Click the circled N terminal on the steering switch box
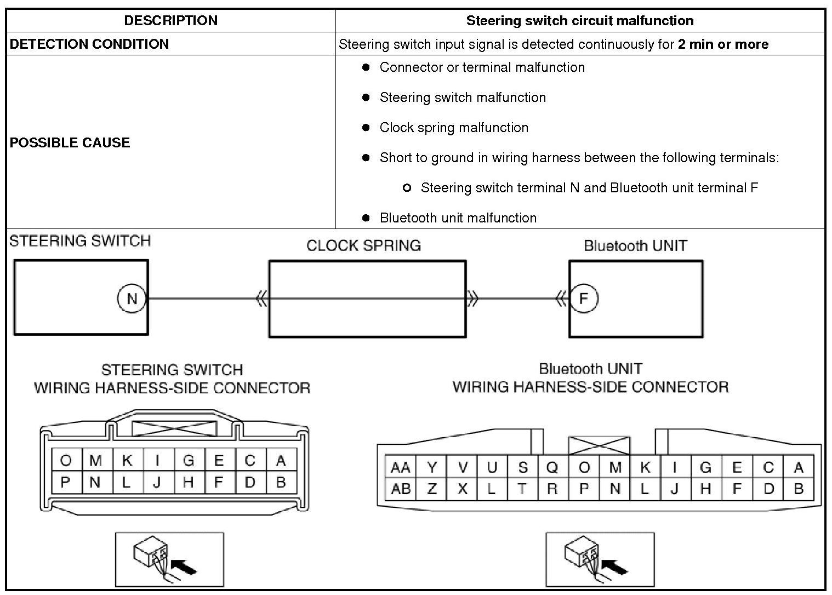(x=132, y=299)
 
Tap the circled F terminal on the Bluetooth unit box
(x=584, y=299)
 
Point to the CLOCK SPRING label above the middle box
(x=363, y=245)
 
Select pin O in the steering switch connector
(x=66, y=460)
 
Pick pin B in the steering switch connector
(x=281, y=482)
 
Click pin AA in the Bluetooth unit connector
(x=401, y=467)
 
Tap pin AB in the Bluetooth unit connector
(x=401, y=488)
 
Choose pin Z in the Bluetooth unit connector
(x=432, y=488)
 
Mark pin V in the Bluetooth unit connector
(x=463, y=467)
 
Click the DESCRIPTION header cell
(x=170, y=21)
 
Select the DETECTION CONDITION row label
(x=89, y=44)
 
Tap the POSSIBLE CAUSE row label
(x=70, y=142)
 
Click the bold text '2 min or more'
(x=723, y=44)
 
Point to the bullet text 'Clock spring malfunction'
(x=454, y=128)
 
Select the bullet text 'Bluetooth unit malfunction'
(x=458, y=218)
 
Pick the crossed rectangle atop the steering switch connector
(x=174, y=428)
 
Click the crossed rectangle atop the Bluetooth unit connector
(x=600, y=445)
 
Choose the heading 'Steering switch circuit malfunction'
(x=580, y=21)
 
